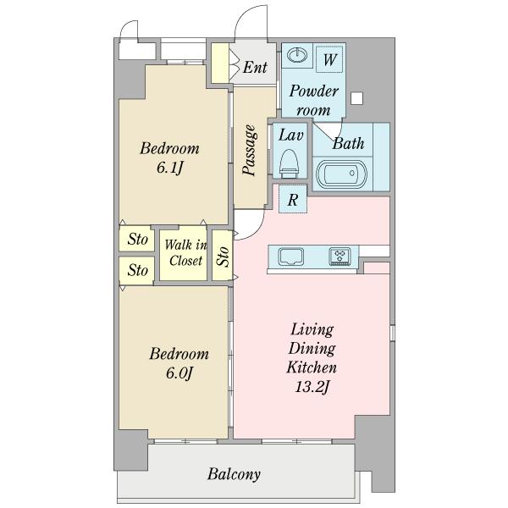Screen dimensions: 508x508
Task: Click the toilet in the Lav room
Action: pyautogui.click(x=289, y=164)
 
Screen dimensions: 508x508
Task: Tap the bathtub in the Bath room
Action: pyautogui.click(x=341, y=174)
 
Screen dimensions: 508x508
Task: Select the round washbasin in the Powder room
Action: pyautogui.click(x=297, y=55)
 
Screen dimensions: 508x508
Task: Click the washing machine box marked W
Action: pyautogui.click(x=329, y=59)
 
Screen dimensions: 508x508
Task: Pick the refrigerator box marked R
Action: pyautogui.click(x=293, y=199)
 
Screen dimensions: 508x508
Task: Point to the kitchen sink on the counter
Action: pyautogui.click(x=291, y=257)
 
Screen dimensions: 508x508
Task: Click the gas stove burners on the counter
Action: pyautogui.click(x=340, y=257)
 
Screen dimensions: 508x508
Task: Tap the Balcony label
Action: pyautogui.click(x=234, y=474)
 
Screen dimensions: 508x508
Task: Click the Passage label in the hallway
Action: pyautogui.click(x=250, y=151)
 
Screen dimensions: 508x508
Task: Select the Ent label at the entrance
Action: pyautogui.click(x=255, y=68)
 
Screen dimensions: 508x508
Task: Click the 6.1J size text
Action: pyautogui.click(x=170, y=168)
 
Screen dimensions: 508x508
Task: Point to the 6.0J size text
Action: pyautogui.click(x=179, y=373)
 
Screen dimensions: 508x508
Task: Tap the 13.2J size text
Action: pyautogui.click(x=312, y=387)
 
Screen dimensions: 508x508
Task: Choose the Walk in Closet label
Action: pyautogui.click(x=185, y=252)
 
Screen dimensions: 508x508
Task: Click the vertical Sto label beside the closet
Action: pyautogui.click(x=223, y=257)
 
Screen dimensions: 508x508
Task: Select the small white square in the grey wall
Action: pyautogui.click(x=356, y=98)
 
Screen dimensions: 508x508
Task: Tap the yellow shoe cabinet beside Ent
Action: pyautogui.click(x=220, y=63)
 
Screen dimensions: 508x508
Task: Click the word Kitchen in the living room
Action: pyautogui.click(x=312, y=367)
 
